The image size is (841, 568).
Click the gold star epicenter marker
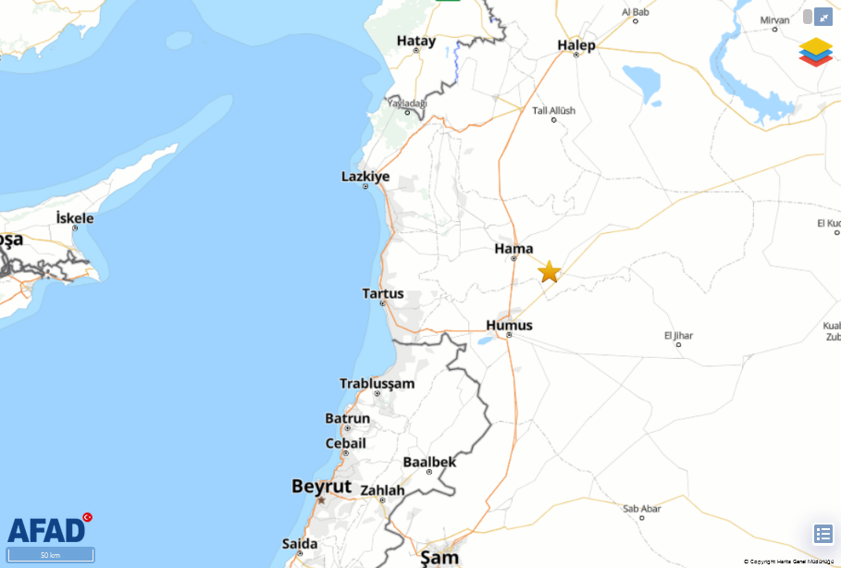pyautogui.click(x=550, y=271)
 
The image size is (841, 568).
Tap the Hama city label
pyautogui.click(x=513, y=248)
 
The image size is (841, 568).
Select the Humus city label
pyautogui.click(x=509, y=325)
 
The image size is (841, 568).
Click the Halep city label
pyautogui.click(x=576, y=44)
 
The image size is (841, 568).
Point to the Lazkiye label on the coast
pyautogui.click(x=365, y=176)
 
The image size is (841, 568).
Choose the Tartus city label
pyautogui.click(x=383, y=293)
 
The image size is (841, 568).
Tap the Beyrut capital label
pyautogui.click(x=321, y=486)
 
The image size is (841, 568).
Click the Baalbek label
pyautogui.click(x=429, y=462)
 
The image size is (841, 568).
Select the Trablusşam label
pyautogui.click(x=377, y=383)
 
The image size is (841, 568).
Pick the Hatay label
pyautogui.click(x=416, y=40)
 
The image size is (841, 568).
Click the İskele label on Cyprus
pyautogui.click(x=75, y=217)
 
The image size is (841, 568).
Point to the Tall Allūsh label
pyautogui.click(x=553, y=110)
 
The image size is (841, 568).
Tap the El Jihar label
pyautogui.click(x=678, y=335)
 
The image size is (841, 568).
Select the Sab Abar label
pyautogui.click(x=641, y=508)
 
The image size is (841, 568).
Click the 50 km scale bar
pyautogui.click(x=50, y=554)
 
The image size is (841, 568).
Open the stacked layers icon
pyautogui.click(x=815, y=51)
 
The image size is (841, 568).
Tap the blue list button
pyautogui.click(x=822, y=534)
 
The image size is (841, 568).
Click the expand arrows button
pyautogui.click(x=822, y=17)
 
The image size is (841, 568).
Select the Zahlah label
pyautogui.click(x=382, y=489)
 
